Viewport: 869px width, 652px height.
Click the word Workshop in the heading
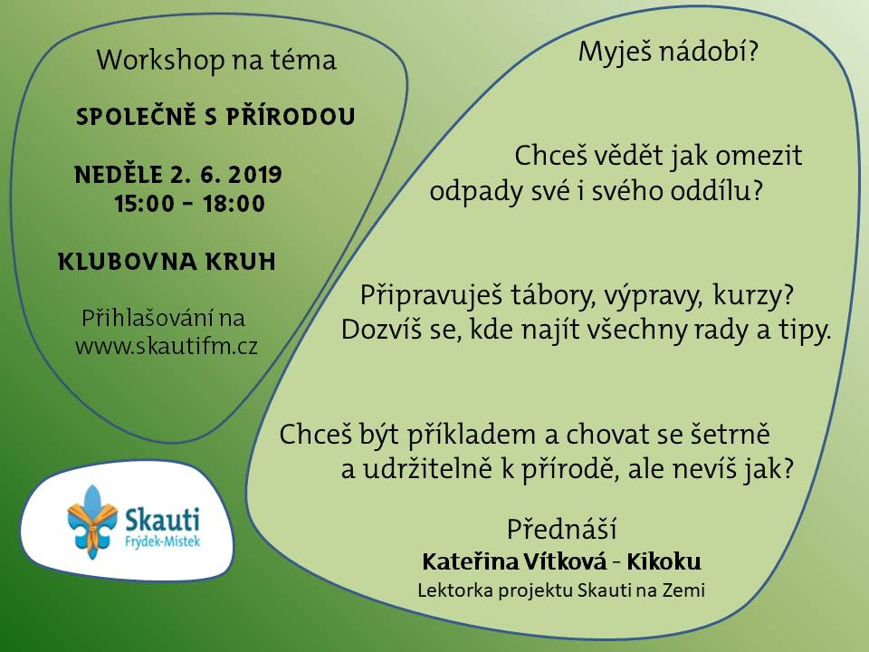pyautogui.click(x=160, y=61)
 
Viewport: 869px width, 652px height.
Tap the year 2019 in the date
pyautogui.click(x=254, y=175)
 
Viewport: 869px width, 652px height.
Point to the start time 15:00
pyautogui.click(x=144, y=204)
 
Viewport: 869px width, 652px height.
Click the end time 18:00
pyautogui.click(x=234, y=204)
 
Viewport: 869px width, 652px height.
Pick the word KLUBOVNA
pyautogui.click(x=127, y=262)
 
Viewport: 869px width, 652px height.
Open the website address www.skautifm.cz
pyautogui.click(x=167, y=347)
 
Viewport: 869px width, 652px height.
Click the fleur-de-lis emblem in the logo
pyautogui.click(x=92, y=522)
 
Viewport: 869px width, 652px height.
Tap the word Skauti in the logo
pyautogui.click(x=162, y=520)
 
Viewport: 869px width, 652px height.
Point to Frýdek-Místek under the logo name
pyautogui.click(x=162, y=542)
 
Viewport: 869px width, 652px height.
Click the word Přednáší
pyautogui.click(x=561, y=529)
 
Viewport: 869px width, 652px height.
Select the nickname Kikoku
pyautogui.click(x=664, y=561)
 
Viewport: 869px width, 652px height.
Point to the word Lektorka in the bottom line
pyautogui.click(x=455, y=590)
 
